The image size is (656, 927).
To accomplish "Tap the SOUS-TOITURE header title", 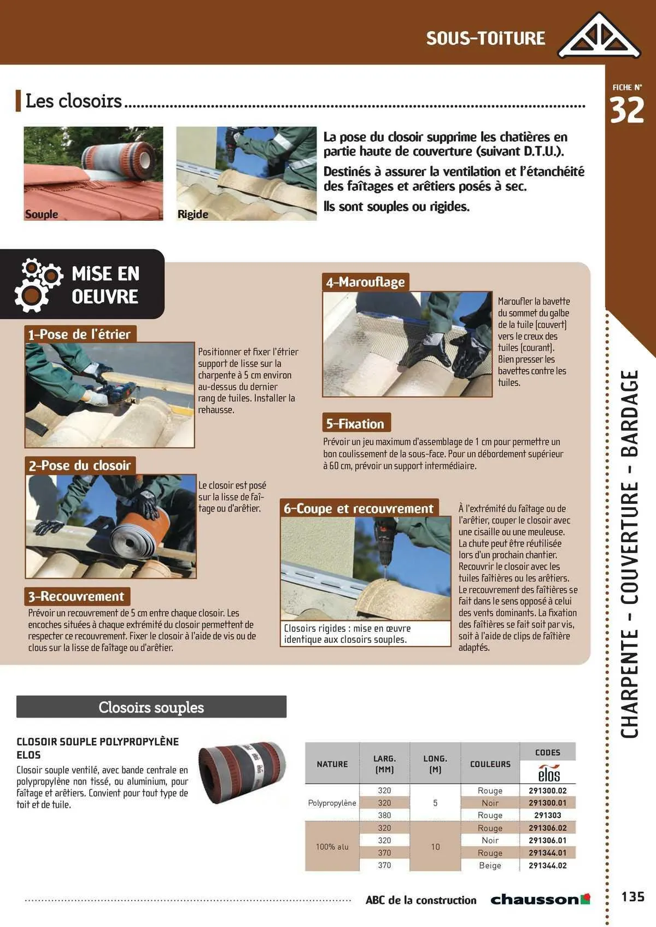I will tap(485, 38).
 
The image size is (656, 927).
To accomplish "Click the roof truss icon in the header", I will tap(599, 36).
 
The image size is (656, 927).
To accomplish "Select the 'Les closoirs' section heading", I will tap(74, 101).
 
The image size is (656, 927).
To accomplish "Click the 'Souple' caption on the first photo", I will tap(42, 214).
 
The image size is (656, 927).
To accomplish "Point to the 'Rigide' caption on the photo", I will tap(193, 214).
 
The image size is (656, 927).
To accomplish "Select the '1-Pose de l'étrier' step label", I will tap(80, 334).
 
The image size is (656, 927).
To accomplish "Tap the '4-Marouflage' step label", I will tap(365, 282).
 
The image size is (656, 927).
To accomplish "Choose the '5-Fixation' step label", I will tap(355, 424).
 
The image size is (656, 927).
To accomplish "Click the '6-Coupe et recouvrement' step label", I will tap(358, 508).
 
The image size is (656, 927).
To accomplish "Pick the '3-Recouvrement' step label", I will tap(77, 596).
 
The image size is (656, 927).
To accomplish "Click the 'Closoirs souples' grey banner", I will tap(151, 707).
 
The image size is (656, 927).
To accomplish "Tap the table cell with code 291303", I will tap(547, 815).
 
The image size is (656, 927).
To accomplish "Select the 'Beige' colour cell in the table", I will tap(490, 865).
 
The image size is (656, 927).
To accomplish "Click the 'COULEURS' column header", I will tap(490, 764).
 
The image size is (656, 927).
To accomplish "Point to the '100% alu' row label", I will tap(332, 847).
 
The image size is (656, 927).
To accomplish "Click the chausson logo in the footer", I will tap(540, 899).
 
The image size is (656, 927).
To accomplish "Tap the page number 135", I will tap(632, 897).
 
